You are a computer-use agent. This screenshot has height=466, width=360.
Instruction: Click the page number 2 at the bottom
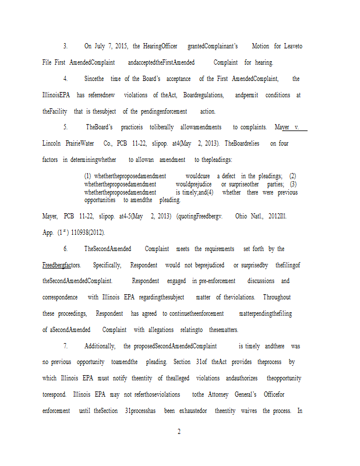[x=179, y=432]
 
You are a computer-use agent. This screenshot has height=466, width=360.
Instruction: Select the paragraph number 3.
[x=65, y=45]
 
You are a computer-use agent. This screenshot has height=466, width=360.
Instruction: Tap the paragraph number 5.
[x=65, y=127]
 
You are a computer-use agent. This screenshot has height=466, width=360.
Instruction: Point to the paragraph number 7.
[x=65, y=346]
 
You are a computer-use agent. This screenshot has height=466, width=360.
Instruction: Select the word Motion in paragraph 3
[x=260, y=45]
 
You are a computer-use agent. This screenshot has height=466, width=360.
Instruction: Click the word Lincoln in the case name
[x=52, y=143]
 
